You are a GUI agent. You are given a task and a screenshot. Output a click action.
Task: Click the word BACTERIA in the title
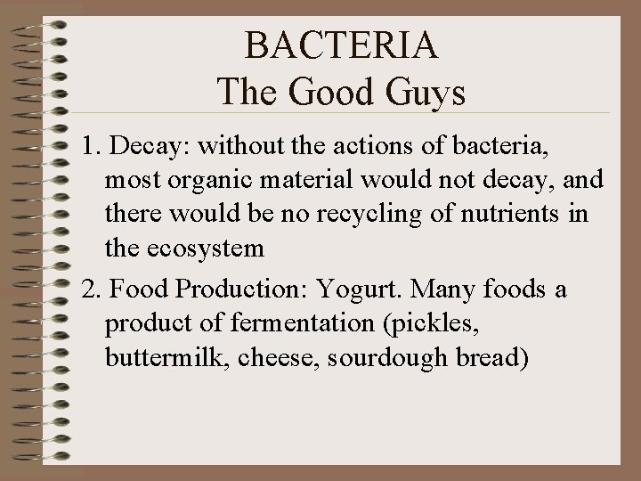coord(342,45)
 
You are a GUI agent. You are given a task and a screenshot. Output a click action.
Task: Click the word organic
coord(226,181)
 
